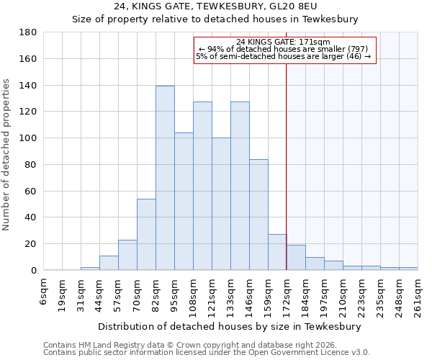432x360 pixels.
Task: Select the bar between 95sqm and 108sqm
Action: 184,202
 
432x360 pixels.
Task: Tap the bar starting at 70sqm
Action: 146,235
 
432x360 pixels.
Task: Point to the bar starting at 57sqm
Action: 127,255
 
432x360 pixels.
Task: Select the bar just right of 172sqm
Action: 296,258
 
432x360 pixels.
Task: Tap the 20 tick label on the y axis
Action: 30,244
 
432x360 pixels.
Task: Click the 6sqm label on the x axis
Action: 44,292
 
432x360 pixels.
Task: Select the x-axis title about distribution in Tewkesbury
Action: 229,326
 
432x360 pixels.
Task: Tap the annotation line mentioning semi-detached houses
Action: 283,56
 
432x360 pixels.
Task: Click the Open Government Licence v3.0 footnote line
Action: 207,352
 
